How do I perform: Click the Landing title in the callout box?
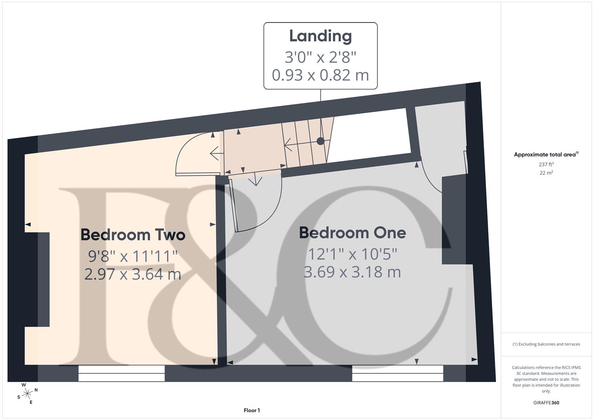coord(320,36)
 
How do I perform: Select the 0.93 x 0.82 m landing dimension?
coord(320,75)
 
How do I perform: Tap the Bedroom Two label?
coord(133,235)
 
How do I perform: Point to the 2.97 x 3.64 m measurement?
coord(133,274)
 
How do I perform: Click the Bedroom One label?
coord(352,233)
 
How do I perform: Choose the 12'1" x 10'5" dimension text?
coord(352,254)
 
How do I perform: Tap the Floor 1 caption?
coord(252,410)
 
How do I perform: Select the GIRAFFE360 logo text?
coord(546,402)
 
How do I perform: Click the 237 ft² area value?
coord(546,164)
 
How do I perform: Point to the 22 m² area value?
coord(546,173)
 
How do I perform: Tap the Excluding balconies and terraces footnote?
coord(546,344)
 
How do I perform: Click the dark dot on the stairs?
coord(320,141)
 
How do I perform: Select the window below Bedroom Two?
coord(121,373)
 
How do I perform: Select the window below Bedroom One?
coord(397,373)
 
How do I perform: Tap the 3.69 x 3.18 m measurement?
coord(352,272)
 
